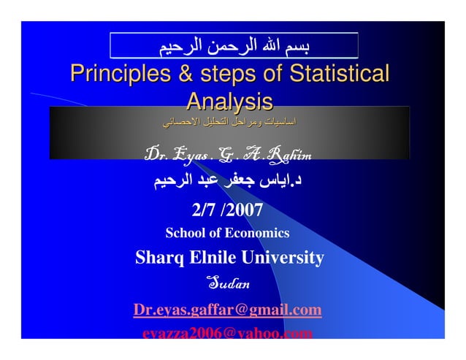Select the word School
click(184, 234)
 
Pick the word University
click(285, 258)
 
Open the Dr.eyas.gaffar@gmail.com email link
click(227, 310)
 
